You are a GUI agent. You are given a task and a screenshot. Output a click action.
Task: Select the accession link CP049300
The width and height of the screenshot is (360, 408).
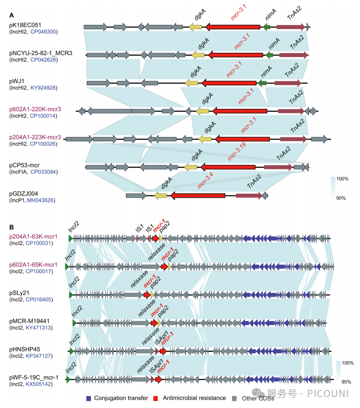coord(43,32)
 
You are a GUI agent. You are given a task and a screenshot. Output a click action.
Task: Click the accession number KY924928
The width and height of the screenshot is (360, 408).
coord(43,88)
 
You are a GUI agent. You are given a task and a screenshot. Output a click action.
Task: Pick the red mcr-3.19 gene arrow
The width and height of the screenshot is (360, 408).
coord(228,167)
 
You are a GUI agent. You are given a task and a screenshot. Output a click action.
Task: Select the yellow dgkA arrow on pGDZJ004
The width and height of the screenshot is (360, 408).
coord(160,195)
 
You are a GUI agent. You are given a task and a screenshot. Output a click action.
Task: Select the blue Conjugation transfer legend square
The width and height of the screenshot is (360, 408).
coord(88,397)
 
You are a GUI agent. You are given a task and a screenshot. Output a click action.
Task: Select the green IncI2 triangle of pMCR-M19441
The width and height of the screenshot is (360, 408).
coord(75,322)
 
